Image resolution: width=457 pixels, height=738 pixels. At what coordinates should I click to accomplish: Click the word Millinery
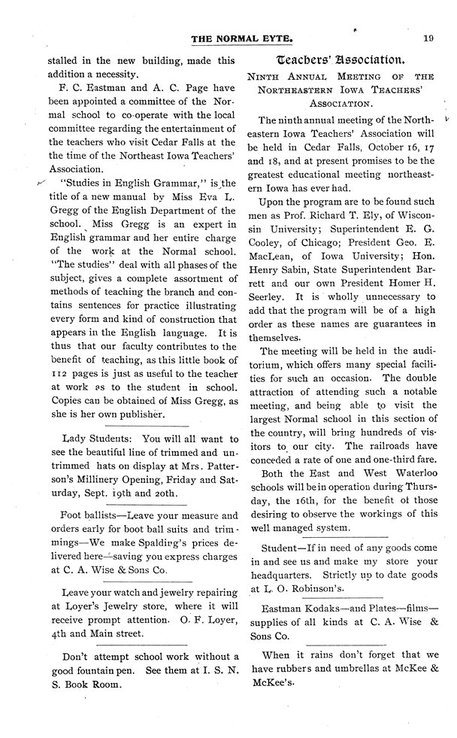[77, 478]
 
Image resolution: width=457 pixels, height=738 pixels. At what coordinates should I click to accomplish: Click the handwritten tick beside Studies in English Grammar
[41, 182]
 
